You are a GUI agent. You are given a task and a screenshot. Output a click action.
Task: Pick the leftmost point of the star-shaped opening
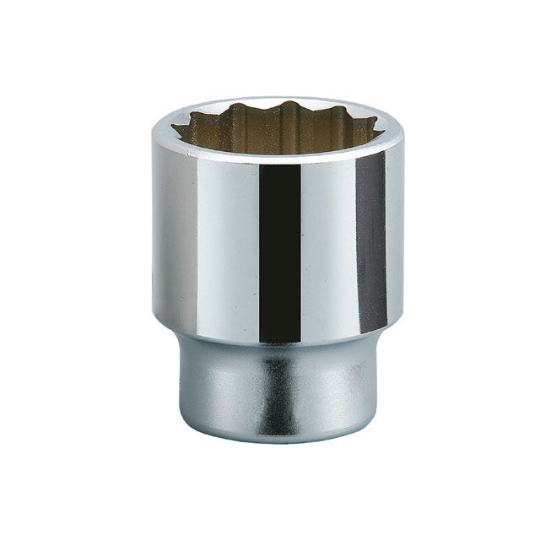(x=175, y=128)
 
